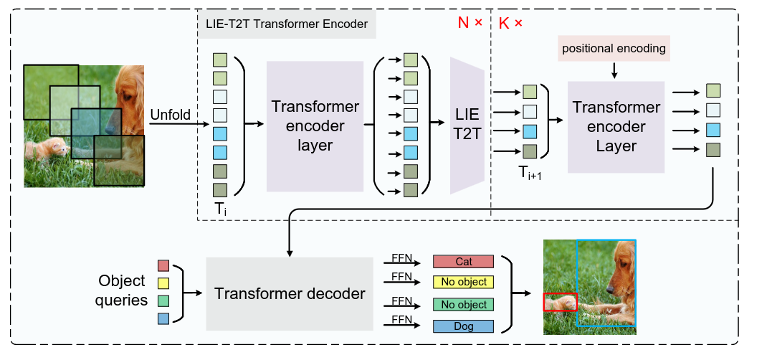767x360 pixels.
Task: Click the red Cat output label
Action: pos(463,262)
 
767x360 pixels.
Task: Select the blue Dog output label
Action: pos(463,326)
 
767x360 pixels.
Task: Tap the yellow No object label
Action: pos(463,282)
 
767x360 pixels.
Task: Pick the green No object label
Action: pos(463,305)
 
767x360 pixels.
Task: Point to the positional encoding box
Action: pos(614,49)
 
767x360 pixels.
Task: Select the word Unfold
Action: pos(169,114)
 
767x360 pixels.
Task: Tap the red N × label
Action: pos(470,23)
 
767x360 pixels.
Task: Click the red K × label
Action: pos(510,23)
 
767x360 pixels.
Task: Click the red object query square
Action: pos(163,266)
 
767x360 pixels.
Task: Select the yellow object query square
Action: pos(163,283)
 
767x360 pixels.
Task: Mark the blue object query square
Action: pos(163,318)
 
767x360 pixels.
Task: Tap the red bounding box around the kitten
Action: pos(559,303)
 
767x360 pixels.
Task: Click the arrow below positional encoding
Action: pos(614,70)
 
